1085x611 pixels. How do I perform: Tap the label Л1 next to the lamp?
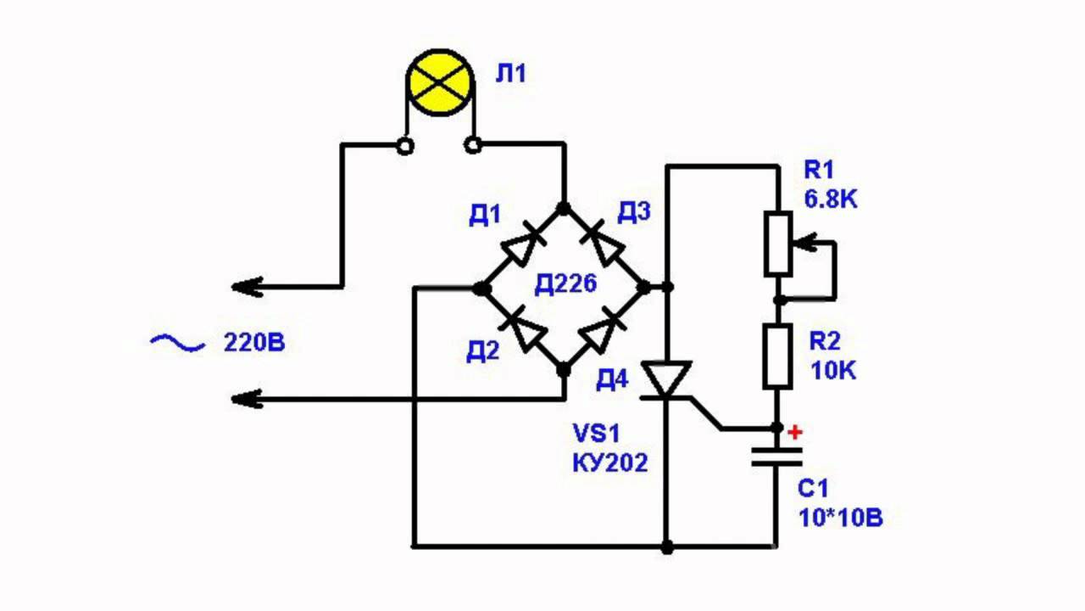coord(511,74)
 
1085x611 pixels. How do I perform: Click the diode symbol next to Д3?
coord(604,246)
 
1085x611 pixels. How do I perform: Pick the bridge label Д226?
coord(565,285)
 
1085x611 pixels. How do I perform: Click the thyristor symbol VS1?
coord(666,380)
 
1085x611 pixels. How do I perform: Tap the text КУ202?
coord(611,462)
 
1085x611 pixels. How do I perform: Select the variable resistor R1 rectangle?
coord(778,244)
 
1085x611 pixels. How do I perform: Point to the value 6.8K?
coord(831,200)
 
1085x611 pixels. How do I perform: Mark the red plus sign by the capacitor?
coord(794,433)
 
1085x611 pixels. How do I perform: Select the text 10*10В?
coord(840,518)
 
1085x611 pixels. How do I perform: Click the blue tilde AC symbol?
coord(178,343)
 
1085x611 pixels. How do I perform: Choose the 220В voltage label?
coord(254,344)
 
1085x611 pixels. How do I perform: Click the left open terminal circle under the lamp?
coord(406,147)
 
